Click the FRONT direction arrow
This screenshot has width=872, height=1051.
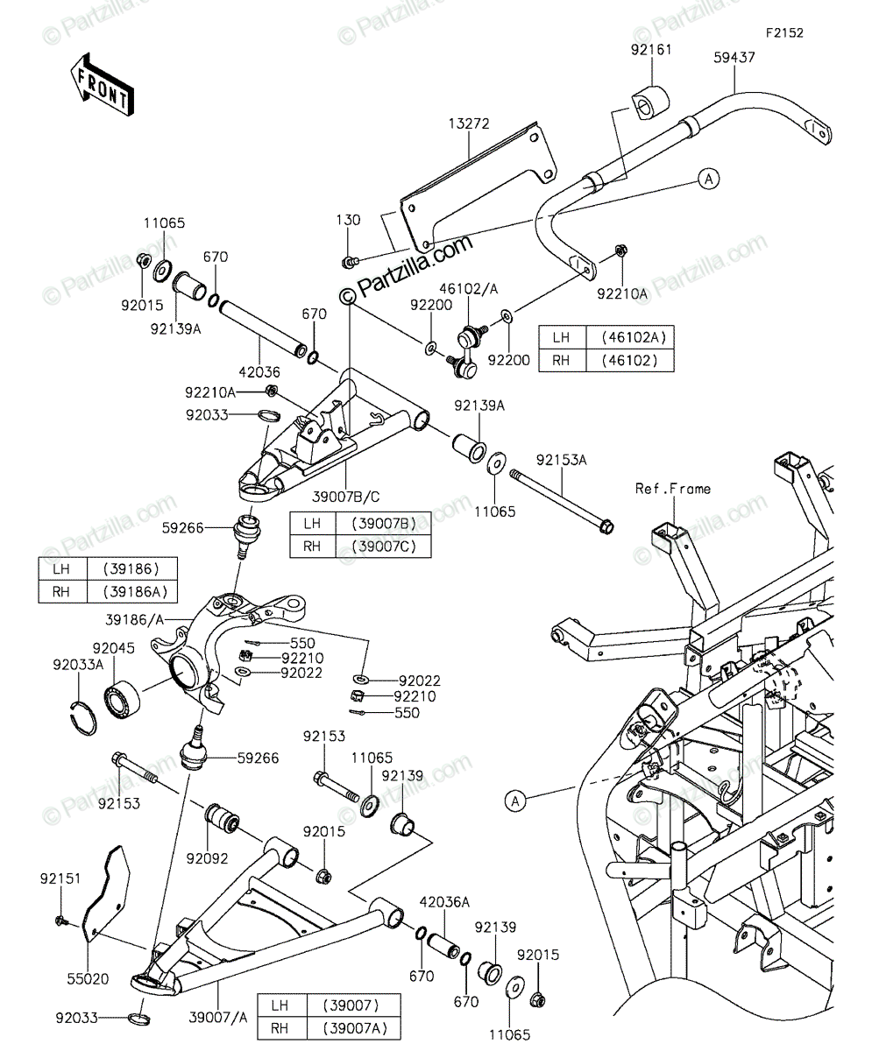tap(102, 86)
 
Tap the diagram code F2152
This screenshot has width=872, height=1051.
tap(784, 33)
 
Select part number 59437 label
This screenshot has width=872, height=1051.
tap(734, 58)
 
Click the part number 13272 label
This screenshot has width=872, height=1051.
tap(469, 123)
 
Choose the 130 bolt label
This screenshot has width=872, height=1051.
tap(349, 220)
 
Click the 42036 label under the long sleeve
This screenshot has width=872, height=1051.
tap(259, 372)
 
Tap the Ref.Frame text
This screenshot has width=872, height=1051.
tap(673, 489)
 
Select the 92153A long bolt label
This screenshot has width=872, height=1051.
tap(561, 460)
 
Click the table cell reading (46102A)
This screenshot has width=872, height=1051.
tap(630, 337)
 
